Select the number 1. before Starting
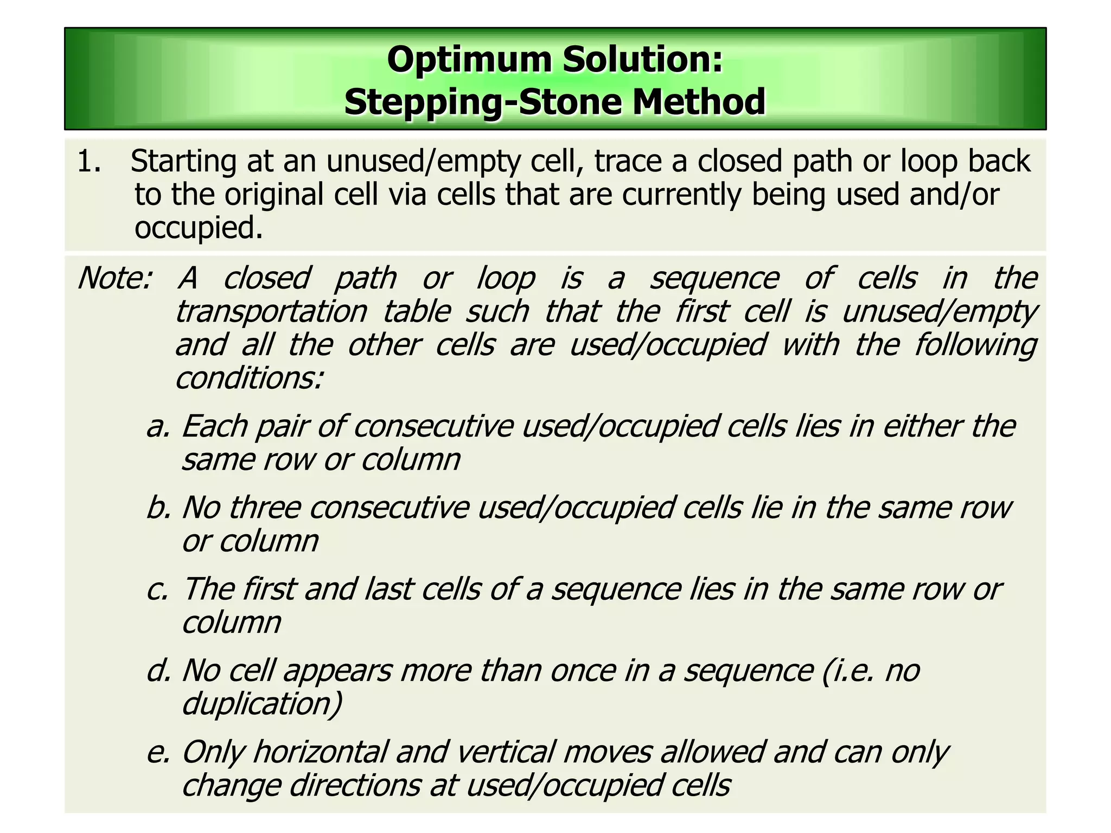point(89,162)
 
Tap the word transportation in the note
point(271,312)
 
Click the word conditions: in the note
point(250,379)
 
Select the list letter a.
point(158,427)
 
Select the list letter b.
point(158,508)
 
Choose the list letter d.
point(158,671)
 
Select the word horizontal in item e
point(320,753)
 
